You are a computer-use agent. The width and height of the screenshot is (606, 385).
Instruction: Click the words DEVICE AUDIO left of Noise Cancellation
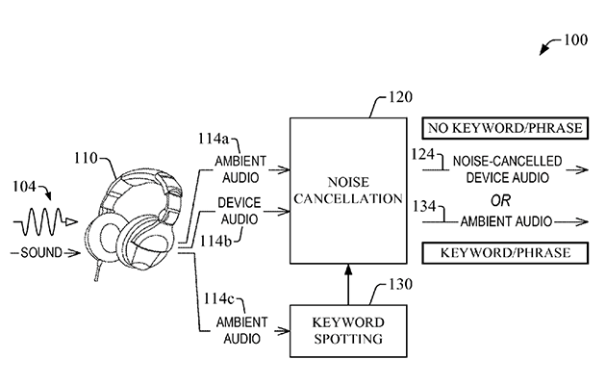238,211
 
